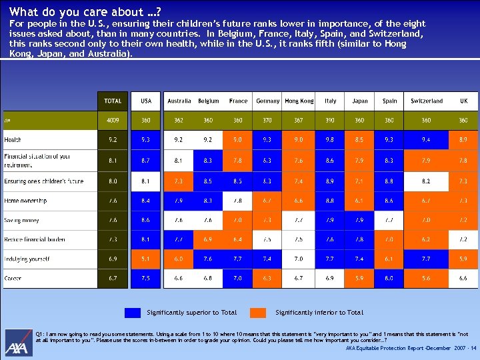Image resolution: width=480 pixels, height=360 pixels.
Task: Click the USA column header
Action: [x=145, y=101]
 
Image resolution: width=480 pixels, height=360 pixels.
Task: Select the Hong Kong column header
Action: [x=299, y=101]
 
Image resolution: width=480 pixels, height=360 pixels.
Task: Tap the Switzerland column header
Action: [x=426, y=101]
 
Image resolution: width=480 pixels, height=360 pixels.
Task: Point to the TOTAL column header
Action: [x=113, y=101]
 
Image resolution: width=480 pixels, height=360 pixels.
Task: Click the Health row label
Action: [x=13, y=140]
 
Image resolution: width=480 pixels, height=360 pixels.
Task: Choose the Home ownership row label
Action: [x=25, y=201]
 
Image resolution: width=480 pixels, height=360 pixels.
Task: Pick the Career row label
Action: [x=13, y=278]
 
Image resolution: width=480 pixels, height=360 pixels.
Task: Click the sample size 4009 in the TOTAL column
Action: [x=113, y=120]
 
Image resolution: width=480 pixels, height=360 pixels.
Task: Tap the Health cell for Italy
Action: [x=330, y=140]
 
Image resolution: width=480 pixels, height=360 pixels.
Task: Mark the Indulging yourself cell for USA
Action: [x=145, y=259]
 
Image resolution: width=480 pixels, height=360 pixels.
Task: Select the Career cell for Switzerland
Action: [x=426, y=278]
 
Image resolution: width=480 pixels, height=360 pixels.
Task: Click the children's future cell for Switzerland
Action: [x=426, y=181]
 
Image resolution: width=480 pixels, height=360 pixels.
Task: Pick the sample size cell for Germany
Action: [x=267, y=120]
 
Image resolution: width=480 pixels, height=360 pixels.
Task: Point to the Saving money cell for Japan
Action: [x=359, y=220]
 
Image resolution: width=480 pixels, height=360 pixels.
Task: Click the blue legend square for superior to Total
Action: [x=133, y=312]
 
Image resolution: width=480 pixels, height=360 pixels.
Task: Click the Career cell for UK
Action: [x=463, y=278]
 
